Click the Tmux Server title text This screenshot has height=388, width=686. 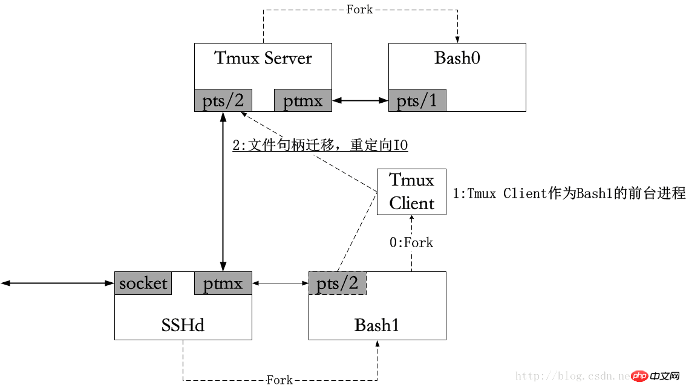pyautogui.click(x=263, y=59)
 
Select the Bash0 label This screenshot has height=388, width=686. pyautogui.click(x=457, y=59)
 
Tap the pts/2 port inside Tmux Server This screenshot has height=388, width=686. pyautogui.click(x=223, y=100)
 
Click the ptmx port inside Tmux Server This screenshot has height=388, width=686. pyautogui.click(x=302, y=100)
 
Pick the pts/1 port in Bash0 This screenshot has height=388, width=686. pyautogui.click(x=417, y=100)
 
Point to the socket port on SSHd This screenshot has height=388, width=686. pyautogui.click(x=143, y=283)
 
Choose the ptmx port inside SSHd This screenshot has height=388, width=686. pyautogui.click(x=223, y=283)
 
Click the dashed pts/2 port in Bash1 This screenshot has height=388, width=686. pyautogui.click(x=338, y=283)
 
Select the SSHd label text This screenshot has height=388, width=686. pyautogui.click(x=183, y=325)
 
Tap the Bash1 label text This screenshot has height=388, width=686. pyautogui.click(x=377, y=325)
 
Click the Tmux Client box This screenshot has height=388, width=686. pyautogui.click(x=411, y=192)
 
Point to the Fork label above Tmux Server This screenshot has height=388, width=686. pyautogui.click(x=359, y=10)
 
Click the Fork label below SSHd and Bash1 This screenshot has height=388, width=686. pyautogui.click(x=279, y=380)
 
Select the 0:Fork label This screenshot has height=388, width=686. pyautogui.click(x=411, y=242)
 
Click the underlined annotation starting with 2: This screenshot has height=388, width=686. pyautogui.click(x=320, y=146)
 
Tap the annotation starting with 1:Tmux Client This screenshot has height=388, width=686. pyautogui.click(x=569, y=193)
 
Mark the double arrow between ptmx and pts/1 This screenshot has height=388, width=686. pyautogui.click(x=360, y=100)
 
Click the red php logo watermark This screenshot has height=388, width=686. pyautogui.click(x=639, y=376)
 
